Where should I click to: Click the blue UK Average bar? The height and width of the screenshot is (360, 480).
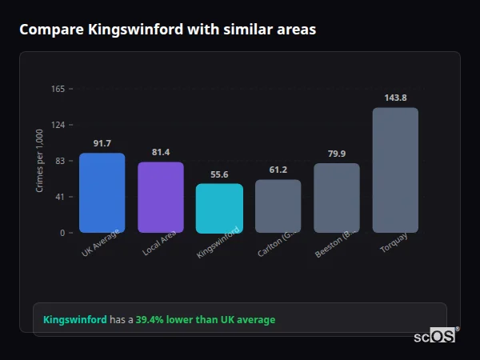(102, 193)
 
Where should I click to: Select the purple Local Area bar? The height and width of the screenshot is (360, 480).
(161, 198)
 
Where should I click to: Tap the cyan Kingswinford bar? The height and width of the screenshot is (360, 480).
(219, 208)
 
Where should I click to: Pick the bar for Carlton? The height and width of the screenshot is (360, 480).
(278, 206)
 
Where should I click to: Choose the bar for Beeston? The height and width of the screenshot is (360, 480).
(337, 198)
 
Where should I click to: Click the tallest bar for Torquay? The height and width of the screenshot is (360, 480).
(395, 170)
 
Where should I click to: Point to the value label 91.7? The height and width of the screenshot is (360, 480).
(102, 144)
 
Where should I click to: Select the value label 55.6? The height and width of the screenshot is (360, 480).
(219, 174)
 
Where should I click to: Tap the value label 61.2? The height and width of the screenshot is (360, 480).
(278, 170)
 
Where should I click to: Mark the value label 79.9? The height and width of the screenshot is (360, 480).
(337, 154)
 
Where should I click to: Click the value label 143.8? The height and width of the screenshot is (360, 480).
(395, 98)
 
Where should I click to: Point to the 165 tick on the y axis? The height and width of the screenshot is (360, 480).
(58, 89)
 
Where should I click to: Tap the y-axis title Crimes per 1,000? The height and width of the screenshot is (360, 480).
(39, 161)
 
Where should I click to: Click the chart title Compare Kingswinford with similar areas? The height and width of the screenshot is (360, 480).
(167, 30)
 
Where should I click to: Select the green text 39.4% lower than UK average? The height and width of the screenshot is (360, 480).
(205, 320)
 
